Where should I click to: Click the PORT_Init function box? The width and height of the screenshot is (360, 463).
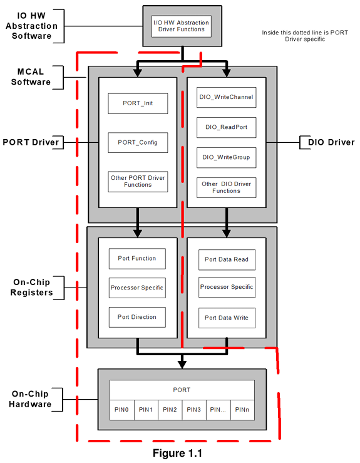[138, 104]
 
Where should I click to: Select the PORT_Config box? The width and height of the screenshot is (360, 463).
[138, 143]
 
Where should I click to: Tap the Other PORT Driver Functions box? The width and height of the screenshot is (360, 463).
[138, 181]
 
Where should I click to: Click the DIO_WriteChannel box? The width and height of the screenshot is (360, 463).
[227, 97]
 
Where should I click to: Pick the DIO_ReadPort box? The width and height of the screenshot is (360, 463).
[227, 127]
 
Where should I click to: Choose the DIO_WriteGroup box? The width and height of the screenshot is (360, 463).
[227, 157]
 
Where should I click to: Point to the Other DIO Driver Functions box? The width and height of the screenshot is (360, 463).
[227, 187]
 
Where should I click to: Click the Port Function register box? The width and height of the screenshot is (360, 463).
[137, 258]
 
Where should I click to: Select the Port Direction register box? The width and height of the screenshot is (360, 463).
[137, 317]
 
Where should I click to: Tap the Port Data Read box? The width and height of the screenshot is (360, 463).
[227, 259]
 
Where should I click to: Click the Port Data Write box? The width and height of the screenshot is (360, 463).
[227, 318]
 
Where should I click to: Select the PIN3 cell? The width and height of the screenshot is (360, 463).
[194, 410]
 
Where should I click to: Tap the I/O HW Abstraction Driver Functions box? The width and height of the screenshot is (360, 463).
[182, 26]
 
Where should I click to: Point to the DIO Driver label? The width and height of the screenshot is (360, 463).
[331, 143]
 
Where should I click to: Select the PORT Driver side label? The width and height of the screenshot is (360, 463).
[31, 143]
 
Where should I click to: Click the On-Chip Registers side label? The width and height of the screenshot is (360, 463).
[31, 287]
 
